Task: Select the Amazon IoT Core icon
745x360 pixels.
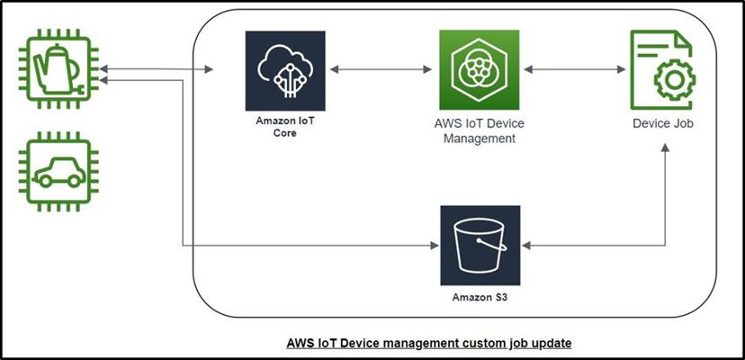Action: (x=281, y=70)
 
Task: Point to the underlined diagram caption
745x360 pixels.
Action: (x=428, y=343)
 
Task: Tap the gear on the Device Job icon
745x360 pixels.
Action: (x=674, y=82)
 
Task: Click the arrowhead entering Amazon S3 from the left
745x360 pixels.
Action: (x=432, y=244)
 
